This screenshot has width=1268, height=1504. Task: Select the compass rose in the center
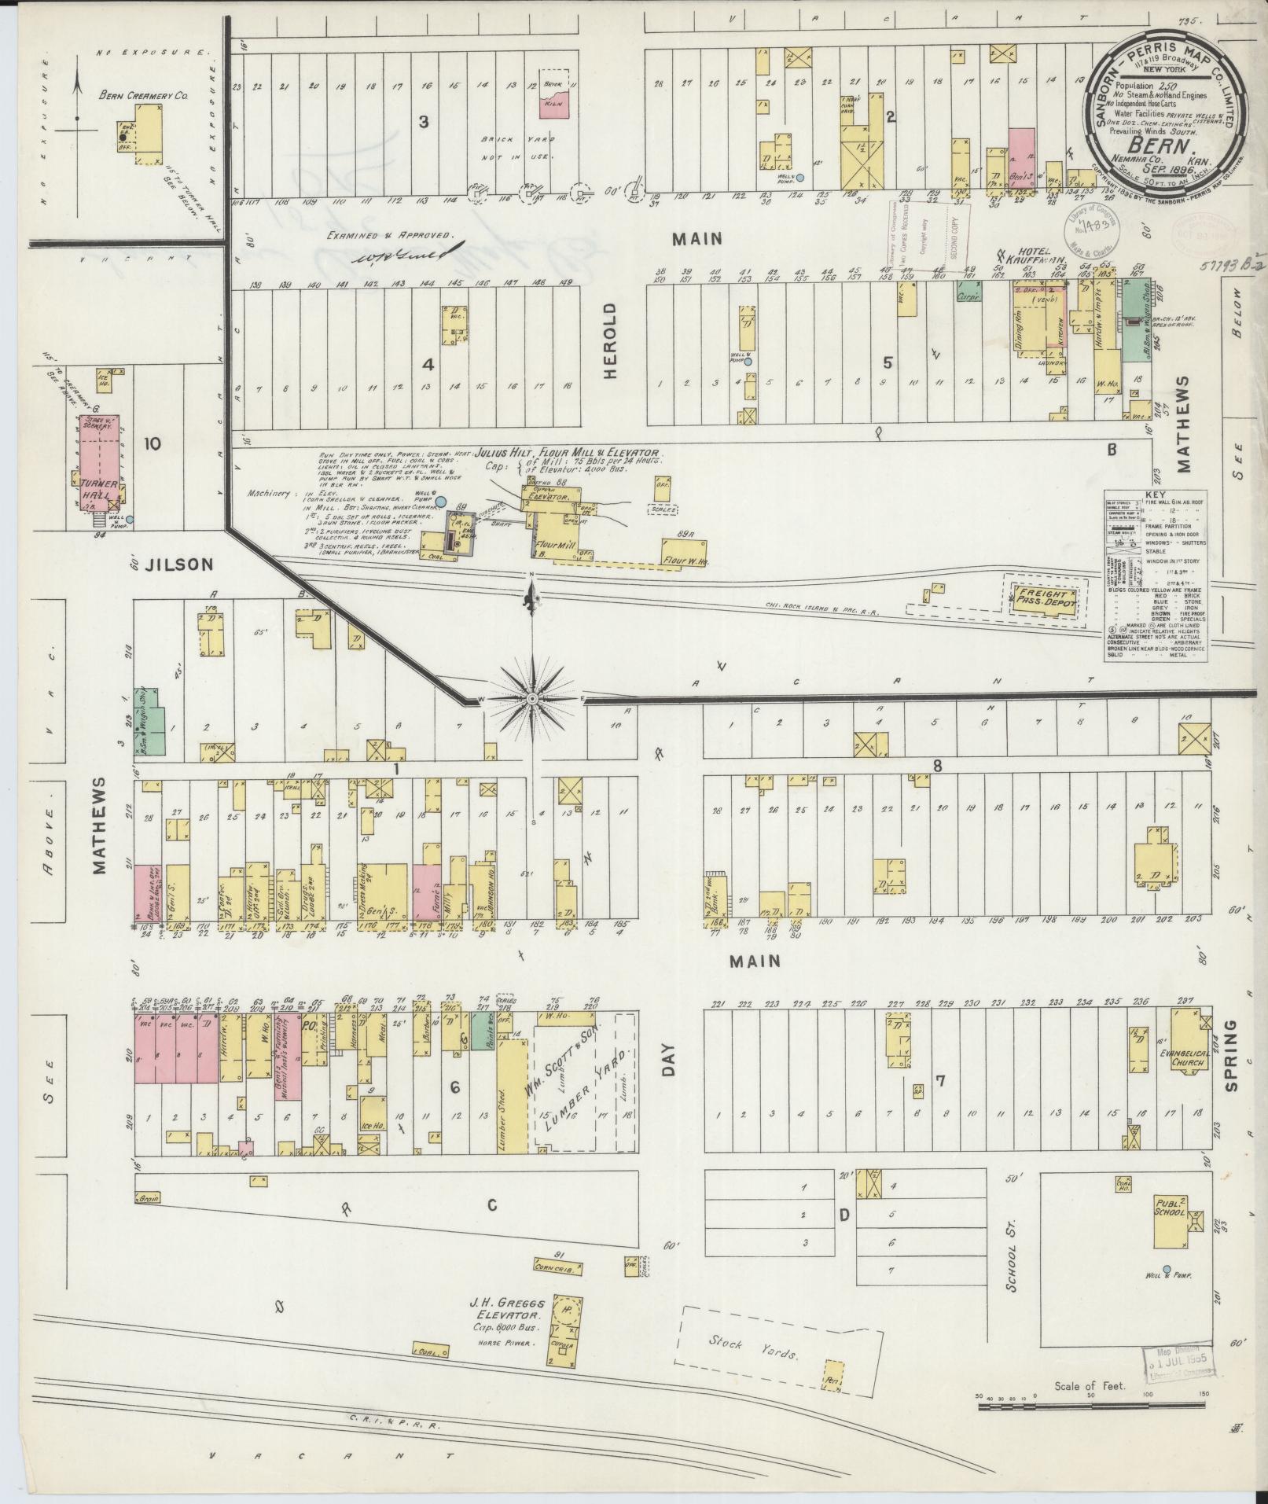coord(532,698)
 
